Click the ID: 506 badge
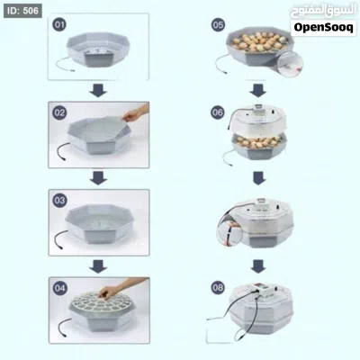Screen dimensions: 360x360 (x=22, y=11)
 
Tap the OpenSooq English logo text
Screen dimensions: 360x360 (x=323, y=28)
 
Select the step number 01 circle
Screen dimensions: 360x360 (x=59, y=24)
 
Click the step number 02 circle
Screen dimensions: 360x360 (x=59, y=112)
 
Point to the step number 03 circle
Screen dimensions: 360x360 (x=59, y=200)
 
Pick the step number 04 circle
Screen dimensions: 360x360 (x=59, y=288)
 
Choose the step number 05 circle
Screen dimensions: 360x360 (x=218, y=24)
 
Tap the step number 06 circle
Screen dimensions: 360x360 (x=218, y=112)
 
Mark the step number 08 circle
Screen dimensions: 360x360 (x=218, y=288)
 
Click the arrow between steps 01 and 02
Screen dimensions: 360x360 (x=98, y=90)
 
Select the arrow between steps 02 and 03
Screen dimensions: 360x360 (x=98, y=178)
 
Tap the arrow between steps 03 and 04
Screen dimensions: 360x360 (x=98, y=266)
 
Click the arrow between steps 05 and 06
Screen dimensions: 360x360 (x=257, y=90)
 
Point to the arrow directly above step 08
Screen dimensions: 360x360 (x=258, y=266)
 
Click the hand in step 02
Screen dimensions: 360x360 (x=136, y=112)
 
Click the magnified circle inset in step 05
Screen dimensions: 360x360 (x=290, y=64)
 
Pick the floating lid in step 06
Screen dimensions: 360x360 (x=258, y=118)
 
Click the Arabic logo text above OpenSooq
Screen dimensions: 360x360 (x=323, y=12)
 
